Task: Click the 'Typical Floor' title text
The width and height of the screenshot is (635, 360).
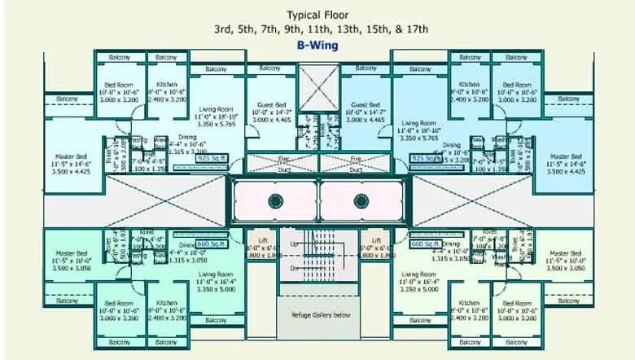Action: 318,15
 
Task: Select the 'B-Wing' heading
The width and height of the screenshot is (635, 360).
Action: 318,46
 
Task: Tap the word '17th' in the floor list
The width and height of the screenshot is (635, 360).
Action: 412,29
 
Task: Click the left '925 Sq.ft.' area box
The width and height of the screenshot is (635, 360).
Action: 212,159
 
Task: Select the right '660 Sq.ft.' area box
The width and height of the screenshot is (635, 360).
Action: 424,244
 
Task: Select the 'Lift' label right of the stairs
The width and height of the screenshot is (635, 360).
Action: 376,240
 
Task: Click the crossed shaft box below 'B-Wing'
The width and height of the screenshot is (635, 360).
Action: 318,85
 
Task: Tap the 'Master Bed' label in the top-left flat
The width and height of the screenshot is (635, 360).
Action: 66,156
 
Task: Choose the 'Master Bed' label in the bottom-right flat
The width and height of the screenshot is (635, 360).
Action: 566,254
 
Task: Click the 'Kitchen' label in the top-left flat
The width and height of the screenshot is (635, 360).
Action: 167,85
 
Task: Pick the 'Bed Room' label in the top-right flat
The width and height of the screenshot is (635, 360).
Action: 517,85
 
